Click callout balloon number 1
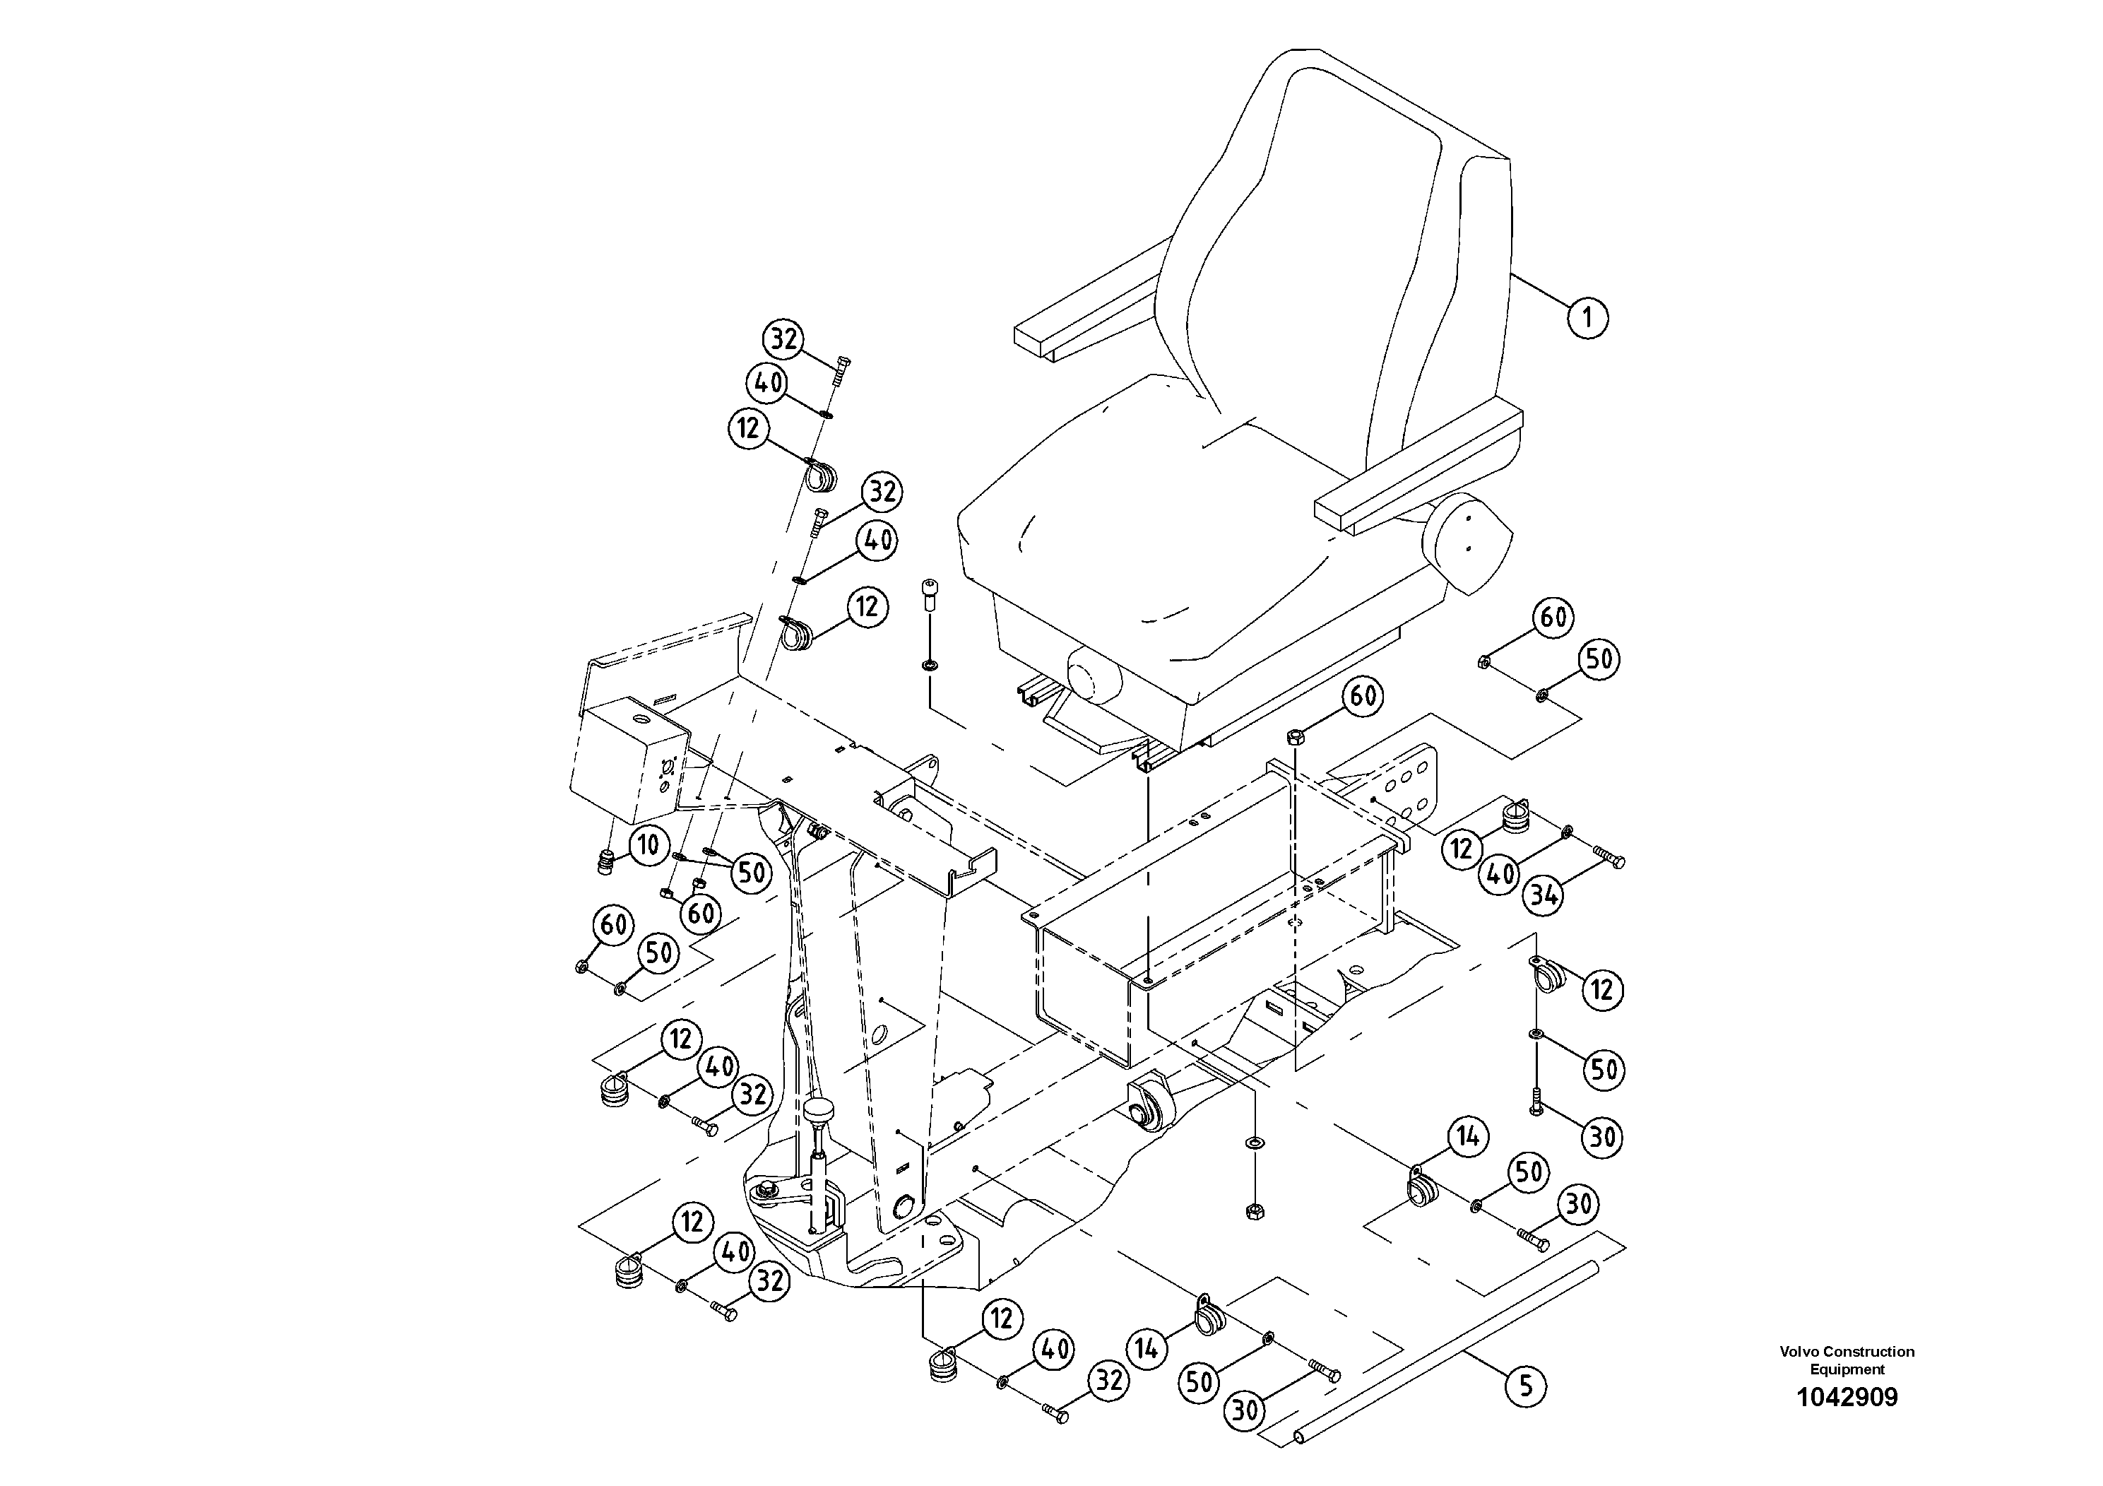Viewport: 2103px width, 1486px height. tap(1587, 318)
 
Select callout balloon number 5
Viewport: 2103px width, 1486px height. tap(1525, 1384)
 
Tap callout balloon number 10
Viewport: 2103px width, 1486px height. tap(648, 844)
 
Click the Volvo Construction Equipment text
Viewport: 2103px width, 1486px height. tap(1847, 1360)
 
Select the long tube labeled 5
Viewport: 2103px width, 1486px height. tap(1429, 1357)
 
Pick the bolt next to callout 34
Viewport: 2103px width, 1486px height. tap(1609, 858)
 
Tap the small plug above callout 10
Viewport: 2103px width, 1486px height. tap(605, 862)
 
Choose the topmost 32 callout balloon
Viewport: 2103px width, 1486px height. tap(784, 340)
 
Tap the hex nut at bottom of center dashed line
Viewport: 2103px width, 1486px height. tap(1254, 1211)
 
